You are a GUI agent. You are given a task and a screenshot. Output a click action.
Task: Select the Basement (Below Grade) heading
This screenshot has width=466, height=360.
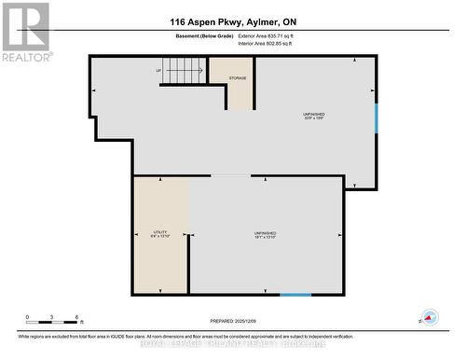(203, 37)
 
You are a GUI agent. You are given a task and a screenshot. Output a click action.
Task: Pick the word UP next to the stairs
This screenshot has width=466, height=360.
(158, 71)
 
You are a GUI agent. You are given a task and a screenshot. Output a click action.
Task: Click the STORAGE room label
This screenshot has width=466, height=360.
(238, 77)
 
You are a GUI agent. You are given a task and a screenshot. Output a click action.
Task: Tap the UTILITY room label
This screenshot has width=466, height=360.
(159, 234)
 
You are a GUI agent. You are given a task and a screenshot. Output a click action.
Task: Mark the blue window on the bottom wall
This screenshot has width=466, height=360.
(295, 296)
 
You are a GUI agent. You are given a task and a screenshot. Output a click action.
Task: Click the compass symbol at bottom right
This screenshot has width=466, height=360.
(430, 317)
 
